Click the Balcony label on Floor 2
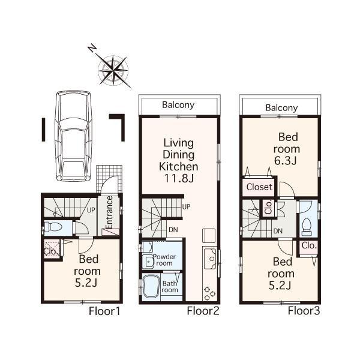(178, 105)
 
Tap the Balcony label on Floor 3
(281, 108)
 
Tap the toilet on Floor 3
(307, 226)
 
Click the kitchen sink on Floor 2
(210, 259)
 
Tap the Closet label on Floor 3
(259, 187)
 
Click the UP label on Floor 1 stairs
(92, 211)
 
